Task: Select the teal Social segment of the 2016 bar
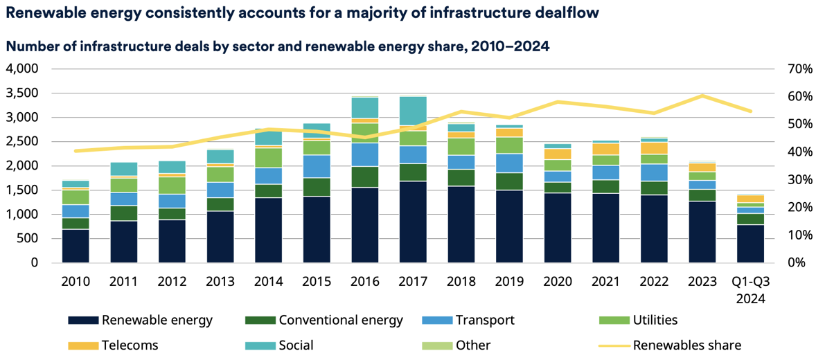pos(364,108)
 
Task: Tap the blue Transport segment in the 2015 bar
pos(317,166)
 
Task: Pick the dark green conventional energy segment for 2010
pos(76,223)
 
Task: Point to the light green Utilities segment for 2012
pos(172,185)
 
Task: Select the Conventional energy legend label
pos(323,320)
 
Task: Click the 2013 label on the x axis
pos(220,282)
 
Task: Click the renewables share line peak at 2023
pos(702,96)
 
